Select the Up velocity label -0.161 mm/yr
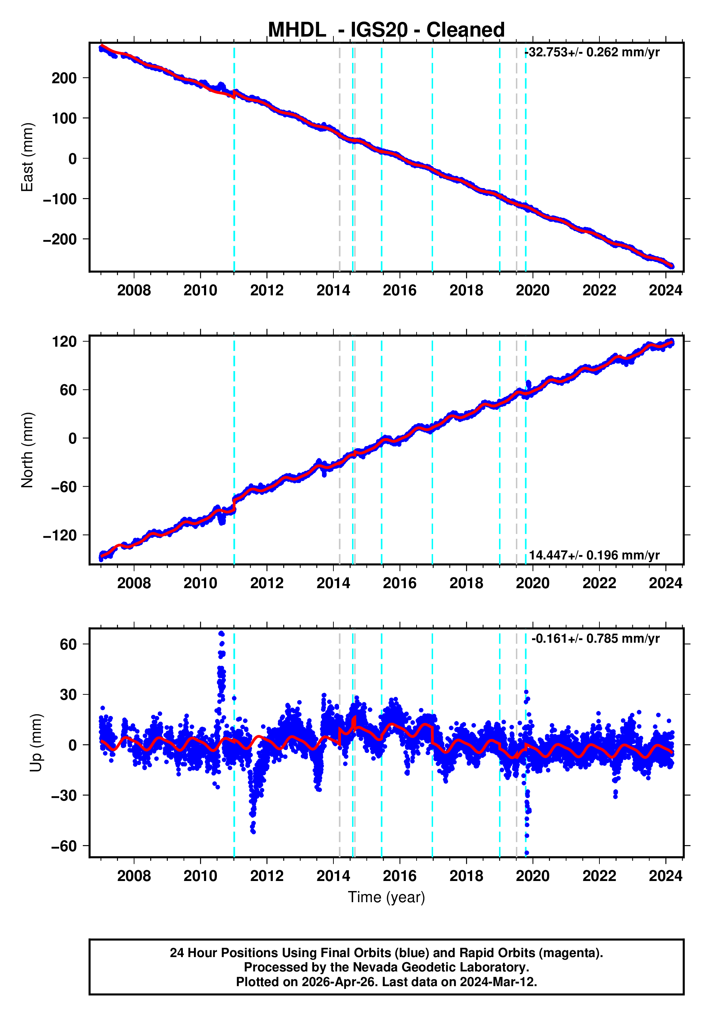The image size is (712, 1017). (595, 638)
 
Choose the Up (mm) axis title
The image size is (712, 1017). (36, 743)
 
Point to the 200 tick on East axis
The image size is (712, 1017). (64, 78)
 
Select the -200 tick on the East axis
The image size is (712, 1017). (60, 239)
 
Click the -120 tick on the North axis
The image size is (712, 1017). (60, 535)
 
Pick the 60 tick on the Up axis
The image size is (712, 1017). (68, 644)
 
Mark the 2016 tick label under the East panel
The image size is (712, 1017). (400, 291)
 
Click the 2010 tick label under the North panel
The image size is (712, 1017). (200, 583)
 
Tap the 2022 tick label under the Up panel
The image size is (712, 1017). (599, 876)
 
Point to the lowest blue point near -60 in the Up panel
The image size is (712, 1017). (527, 853)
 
